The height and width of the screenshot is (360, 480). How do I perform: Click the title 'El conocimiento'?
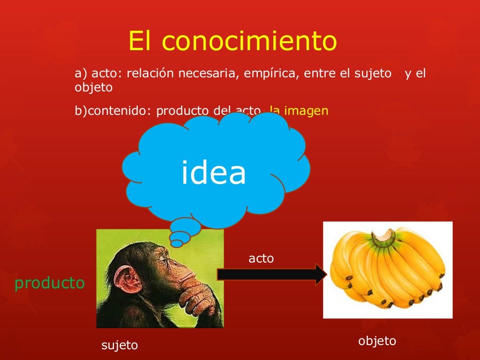pyautogui.click(x=232, y=41)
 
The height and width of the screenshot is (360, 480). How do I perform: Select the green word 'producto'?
pyautogui.click(x=50, y=283)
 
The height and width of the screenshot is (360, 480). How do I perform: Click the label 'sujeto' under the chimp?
pyautogui.click(x=120, y=345)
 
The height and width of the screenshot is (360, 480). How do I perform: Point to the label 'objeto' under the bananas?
pyautogui.click(x=377, y=341)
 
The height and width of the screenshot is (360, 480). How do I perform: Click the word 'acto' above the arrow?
pyautogui.click(x=261, y=258)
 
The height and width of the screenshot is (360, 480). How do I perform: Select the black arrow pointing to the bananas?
pyautogui.click(x=272, y=275)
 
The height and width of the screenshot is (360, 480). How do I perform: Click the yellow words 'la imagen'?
pyautogui.click(x=299, y=111)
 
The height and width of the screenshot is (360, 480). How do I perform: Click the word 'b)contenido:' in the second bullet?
pyautogui.click(x=113, y=111)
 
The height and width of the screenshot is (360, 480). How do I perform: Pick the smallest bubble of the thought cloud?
pyautogui.click(x=177, y=243)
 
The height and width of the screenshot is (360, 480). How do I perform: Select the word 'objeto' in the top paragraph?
pyautogui.click(x=94, y=87)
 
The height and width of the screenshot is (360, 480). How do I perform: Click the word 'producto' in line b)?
pyautogui.click(x=182, y=111)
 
